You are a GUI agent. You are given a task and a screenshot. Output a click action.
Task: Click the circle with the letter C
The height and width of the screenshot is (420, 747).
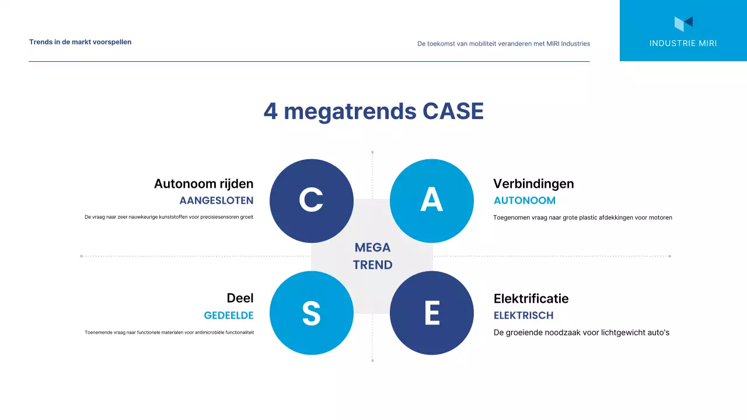(312, 201)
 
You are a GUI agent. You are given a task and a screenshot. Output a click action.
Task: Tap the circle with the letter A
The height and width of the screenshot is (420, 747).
(432, 201)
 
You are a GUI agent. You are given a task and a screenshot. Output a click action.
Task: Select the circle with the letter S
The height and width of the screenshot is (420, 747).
(312, 313)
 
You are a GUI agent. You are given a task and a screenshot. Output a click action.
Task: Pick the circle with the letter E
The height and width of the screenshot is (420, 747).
(432, 313)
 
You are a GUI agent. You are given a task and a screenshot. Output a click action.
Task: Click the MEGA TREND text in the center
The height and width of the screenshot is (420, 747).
(372, 256)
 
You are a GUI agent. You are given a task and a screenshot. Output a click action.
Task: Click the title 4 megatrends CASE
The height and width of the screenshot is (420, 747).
(373, 111)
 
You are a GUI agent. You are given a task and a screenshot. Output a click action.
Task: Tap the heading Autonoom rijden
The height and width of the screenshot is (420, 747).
(204, 184)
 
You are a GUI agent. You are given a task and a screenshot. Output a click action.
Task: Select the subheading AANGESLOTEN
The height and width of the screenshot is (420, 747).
(217, 201)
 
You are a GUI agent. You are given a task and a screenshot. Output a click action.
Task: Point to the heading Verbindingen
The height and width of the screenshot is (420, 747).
(533, 184)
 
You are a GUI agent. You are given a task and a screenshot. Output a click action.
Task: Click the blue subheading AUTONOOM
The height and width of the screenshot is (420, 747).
(525, 201)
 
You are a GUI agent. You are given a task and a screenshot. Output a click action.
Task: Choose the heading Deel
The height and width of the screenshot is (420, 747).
(240, 298)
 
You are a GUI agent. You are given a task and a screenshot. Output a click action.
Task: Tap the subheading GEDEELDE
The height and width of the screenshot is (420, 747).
(229, 316)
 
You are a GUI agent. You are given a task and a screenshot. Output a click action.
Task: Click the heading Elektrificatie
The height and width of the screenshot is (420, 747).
(531, 299)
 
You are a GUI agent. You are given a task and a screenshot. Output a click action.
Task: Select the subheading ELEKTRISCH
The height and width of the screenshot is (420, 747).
(523, 316)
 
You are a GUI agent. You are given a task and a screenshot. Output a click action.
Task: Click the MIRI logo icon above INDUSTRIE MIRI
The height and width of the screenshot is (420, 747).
(683, 23)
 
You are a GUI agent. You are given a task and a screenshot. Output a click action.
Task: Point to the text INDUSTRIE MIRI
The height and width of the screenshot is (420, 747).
(683, 43)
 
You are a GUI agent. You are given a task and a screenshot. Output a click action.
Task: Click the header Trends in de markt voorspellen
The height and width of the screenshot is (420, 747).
(81, 42)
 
